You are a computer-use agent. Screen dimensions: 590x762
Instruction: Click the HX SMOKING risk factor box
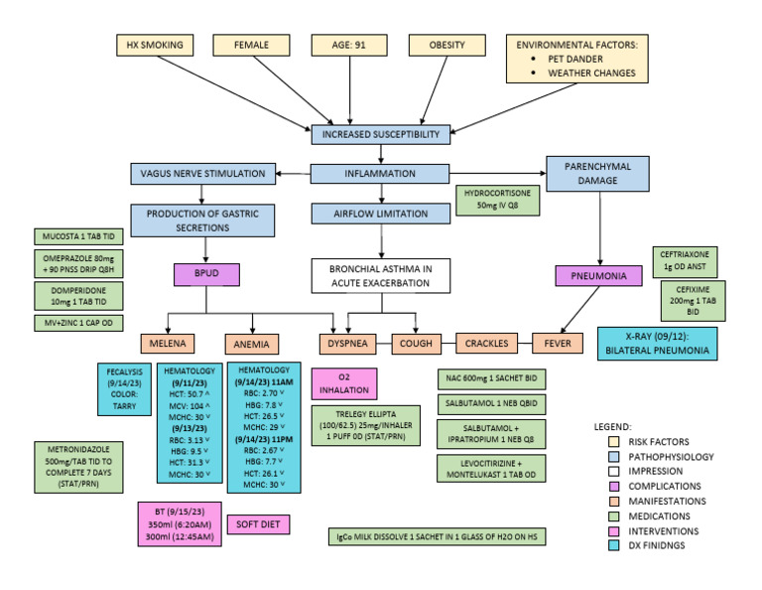click(155, 46)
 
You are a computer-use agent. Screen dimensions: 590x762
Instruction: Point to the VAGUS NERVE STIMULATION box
click(201, 174)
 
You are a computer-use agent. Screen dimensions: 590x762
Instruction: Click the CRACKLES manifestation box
click(486, 344)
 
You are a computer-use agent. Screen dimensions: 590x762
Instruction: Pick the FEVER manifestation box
click(558, 344)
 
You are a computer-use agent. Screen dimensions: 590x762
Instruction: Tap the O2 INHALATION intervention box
click(343, 383)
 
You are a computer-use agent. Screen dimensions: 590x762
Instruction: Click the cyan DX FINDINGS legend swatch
click(599, 544)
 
